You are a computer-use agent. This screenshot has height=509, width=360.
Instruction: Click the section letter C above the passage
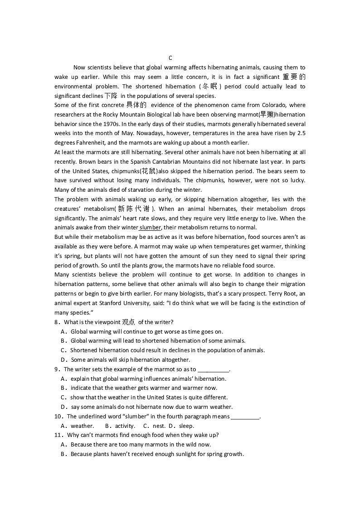tap(170, 58)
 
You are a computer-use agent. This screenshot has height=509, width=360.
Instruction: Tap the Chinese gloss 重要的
tap(294, 77)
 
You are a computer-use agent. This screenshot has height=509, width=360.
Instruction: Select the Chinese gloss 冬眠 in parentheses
tap(209, 86)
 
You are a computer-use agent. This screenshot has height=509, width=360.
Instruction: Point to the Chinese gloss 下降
tap(111, 96)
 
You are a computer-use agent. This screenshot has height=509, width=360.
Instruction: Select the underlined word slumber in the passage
tap(151, 228)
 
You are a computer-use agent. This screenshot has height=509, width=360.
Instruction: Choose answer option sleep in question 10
tap(186, 426)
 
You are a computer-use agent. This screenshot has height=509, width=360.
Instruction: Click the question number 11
tap(58, 435)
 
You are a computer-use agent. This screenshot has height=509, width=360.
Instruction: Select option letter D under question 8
tap(63, 360)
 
